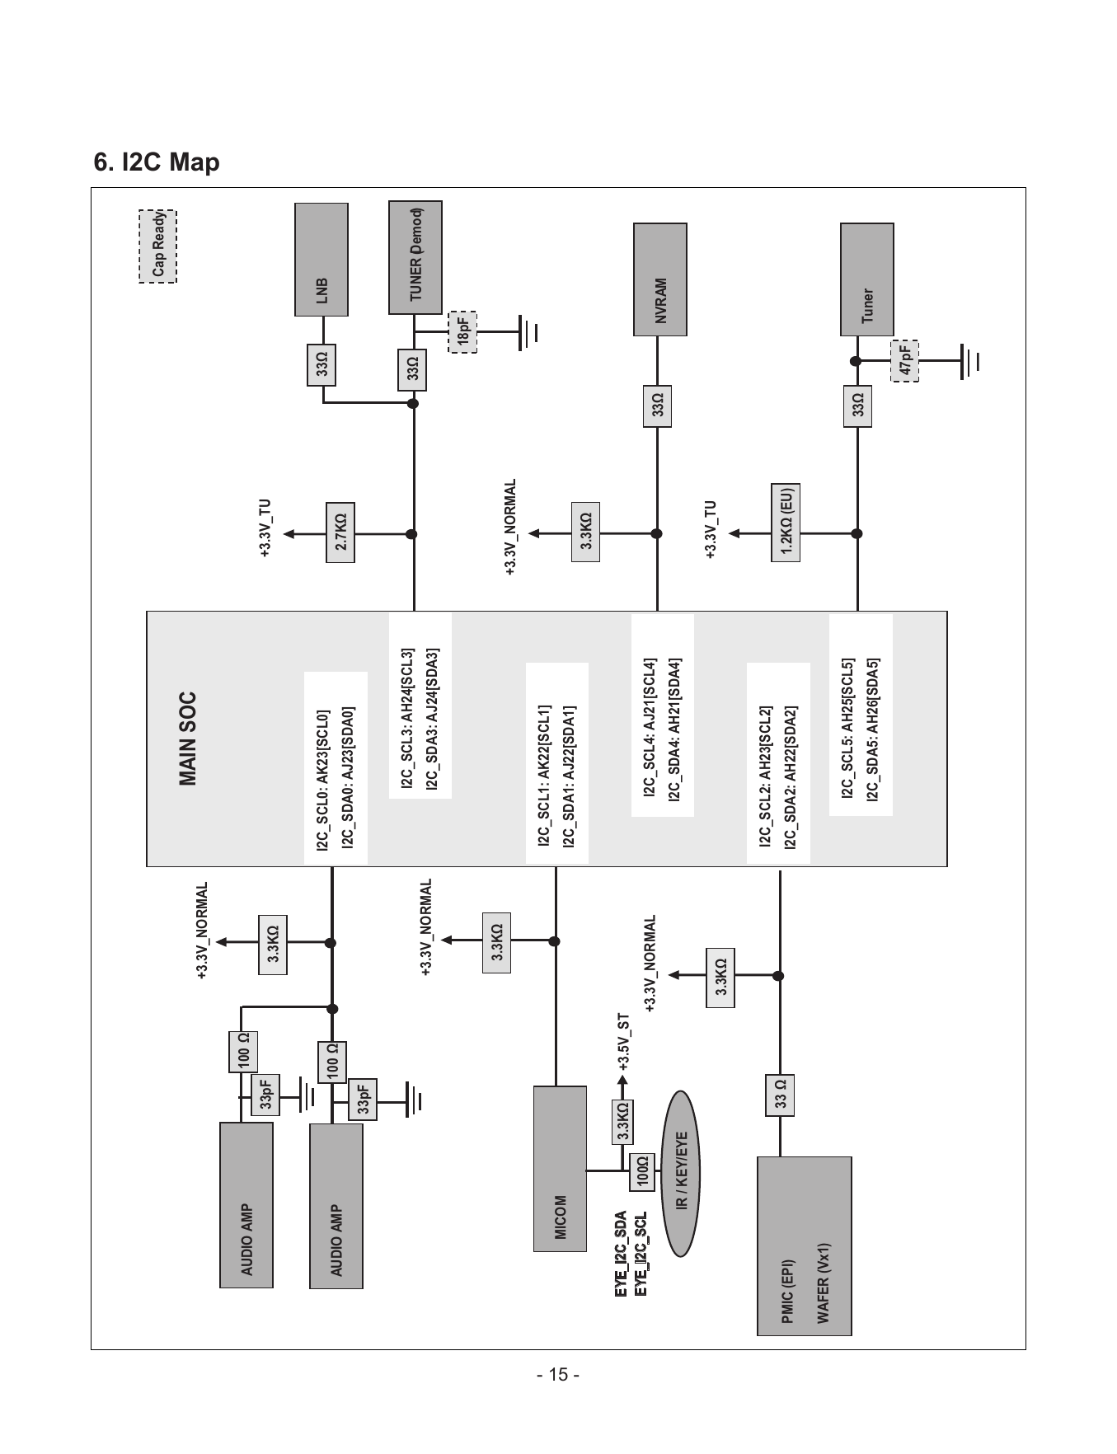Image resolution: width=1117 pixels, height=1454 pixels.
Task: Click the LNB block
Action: pos(321,260)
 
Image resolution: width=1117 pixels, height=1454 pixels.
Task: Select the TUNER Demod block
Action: pos(415,257)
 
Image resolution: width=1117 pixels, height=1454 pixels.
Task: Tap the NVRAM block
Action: pos(660,279)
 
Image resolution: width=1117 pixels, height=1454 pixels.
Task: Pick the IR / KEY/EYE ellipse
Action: pos(680,1173)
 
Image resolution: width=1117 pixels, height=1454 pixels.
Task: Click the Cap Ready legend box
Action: pos(157,246)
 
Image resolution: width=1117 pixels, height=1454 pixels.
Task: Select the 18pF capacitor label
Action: pos(462,332)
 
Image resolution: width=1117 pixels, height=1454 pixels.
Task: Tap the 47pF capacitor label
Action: pos(905,361)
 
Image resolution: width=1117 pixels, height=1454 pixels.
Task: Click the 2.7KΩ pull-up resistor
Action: pos(340,533)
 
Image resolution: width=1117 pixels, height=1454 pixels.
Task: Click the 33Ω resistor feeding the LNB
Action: pos(321,364)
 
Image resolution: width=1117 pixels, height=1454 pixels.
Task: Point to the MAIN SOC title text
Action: pos(187,738)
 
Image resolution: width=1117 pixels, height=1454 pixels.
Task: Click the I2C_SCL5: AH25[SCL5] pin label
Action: pos(847,729)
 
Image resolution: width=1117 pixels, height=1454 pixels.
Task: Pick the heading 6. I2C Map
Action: pos(157,162)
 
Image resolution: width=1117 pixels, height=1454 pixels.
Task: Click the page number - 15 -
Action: pos(558,1375)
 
